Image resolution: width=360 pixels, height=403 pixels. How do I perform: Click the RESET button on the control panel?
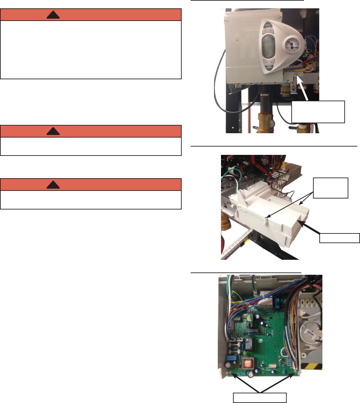click(x=267, y=25)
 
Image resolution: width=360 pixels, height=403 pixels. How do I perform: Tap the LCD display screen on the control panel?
click(x=267, y=46)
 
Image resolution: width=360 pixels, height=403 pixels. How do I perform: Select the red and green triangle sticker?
click(x=293, y=89)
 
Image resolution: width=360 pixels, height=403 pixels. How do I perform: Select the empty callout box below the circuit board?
click(x=259, y=398)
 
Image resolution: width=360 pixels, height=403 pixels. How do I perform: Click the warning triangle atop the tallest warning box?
click(x=53, y=15)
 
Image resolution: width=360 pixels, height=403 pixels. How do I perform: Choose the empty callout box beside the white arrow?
click(x=318, y=112)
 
